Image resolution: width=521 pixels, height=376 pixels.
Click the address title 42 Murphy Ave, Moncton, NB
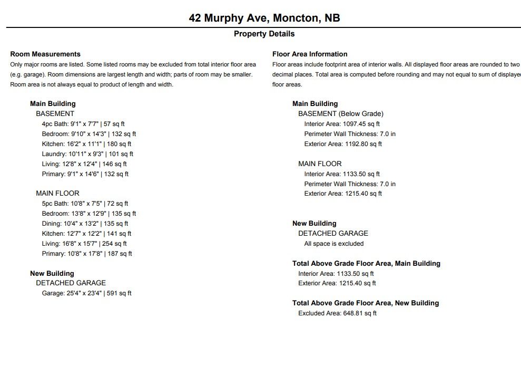click(x=264, y=18)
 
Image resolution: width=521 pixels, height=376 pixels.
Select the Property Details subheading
click(x=264, y=34)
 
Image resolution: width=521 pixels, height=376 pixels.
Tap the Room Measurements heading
click(x=45, y=54)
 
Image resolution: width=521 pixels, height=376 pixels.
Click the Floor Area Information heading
click(x=310, y=54)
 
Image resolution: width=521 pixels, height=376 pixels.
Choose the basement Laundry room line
click(x=87, y=154)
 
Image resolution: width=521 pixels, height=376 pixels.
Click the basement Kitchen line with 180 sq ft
click(x=86, y=144)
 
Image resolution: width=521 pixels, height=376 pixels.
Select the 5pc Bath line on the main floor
click(x=85, y=204)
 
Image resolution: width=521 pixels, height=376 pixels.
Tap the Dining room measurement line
click(x=85, y=224)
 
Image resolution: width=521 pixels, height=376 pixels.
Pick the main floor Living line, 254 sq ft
click(x=84, y=244)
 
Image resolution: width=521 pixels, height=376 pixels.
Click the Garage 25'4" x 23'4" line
click(x=86, y=293)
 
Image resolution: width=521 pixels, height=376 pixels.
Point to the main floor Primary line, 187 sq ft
click(x=87, y=254)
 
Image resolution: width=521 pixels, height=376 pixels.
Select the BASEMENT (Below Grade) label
click(x=340, y=113)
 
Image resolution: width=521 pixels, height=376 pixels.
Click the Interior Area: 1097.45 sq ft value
click(x=342, y=124)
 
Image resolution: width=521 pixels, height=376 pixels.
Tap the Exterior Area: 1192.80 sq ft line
click(x=343, y=144)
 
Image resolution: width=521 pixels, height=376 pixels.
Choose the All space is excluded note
click(x=333, y=244)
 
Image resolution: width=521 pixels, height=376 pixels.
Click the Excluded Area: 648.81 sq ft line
click(x=337, y=313)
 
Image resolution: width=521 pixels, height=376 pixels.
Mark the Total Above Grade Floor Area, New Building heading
click(x=365, y=303)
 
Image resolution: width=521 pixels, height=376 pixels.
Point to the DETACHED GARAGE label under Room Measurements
click(x=71, y=283)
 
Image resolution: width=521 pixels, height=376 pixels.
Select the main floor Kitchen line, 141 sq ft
click(x=86, y=234)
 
